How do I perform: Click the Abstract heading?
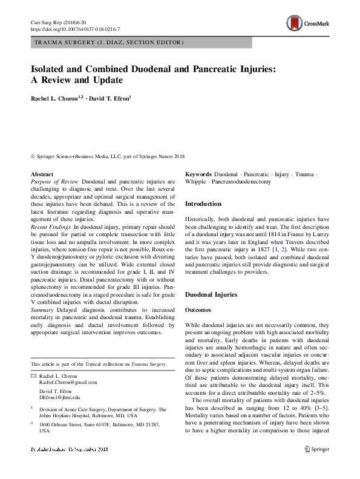(41, 174)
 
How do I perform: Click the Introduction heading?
(203, 204)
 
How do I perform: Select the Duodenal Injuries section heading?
(211, 295)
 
